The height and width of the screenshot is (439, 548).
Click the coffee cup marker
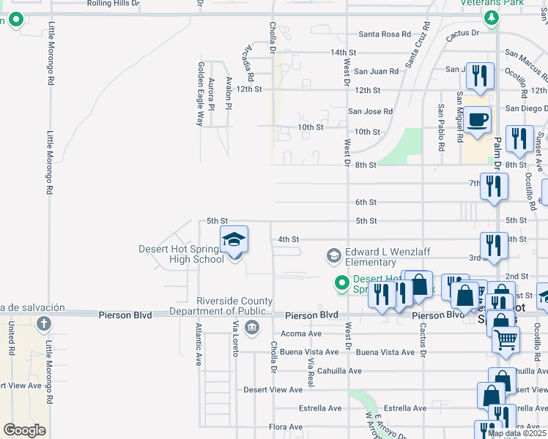(478, 120)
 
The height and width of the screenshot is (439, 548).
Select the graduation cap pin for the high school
(234, 241)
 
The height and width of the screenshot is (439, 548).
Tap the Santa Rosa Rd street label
(385, 34)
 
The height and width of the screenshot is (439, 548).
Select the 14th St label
(343, 53)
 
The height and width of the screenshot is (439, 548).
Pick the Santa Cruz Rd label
(418, 43)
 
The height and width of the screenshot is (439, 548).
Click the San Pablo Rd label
(441, 127)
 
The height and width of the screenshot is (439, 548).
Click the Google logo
(24, 430)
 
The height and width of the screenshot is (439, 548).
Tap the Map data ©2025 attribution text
(516, 434)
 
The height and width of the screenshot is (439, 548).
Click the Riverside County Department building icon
(252, 326)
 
